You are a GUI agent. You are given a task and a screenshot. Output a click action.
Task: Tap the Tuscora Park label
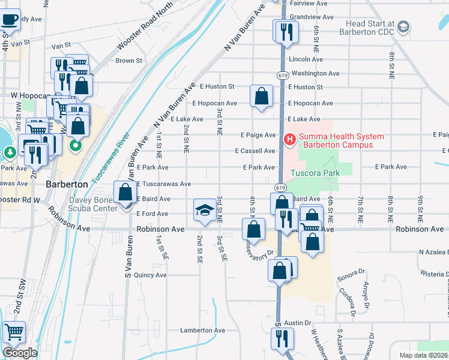pos(315,173)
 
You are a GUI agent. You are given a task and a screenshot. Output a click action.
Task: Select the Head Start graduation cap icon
pos(403,26)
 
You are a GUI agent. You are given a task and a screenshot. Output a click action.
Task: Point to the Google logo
pos(20,353)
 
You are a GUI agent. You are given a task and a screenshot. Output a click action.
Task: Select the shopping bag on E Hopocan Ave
pos(261,96)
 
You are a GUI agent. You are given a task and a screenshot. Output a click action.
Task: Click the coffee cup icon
pos(10,19)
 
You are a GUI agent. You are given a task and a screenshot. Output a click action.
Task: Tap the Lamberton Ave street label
pos(203,330)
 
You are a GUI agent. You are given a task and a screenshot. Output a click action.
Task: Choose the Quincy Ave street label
pos(150,275)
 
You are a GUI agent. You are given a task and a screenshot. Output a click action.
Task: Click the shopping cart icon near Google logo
pos(13,332)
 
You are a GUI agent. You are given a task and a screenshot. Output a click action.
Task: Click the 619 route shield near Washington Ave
pos(282,75)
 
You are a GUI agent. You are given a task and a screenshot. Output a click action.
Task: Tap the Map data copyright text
pos(424,355)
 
